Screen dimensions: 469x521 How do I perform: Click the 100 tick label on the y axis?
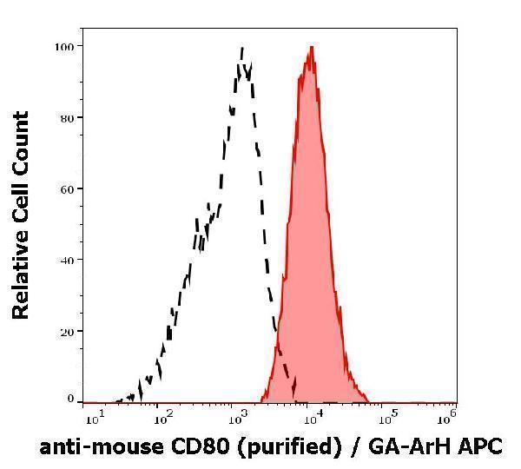tap(64, 45)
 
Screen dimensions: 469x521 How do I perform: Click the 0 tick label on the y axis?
tap(70, 399)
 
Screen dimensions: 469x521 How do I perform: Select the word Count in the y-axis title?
tap(21, 140)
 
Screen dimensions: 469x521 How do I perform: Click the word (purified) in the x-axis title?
tap(282, 447)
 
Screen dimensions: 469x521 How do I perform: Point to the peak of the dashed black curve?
tap(242, 48)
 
